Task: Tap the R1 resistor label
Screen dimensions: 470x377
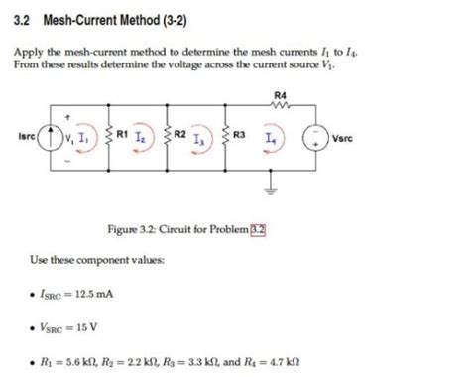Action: click(x=122, y=133)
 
